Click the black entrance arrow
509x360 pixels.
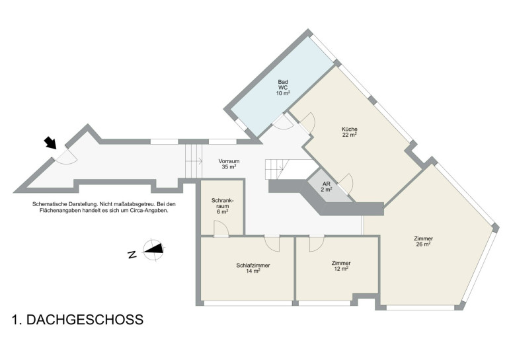coord(50,143)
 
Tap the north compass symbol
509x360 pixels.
coord(153,250)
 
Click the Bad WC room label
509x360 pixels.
coord(283,88)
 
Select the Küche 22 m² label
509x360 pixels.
coord(350,132)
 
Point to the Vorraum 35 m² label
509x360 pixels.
coord(229,164)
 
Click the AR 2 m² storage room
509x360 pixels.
coord(327,186)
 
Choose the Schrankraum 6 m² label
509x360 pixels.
coord(222,206)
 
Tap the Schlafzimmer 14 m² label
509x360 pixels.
coord(253,268)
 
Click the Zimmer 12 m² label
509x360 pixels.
coord(341,266)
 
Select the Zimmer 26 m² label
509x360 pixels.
coord(423,242)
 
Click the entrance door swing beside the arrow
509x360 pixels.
coord(65,157)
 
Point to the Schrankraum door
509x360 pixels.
coord(221,228)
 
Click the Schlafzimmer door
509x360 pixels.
coord(272,243)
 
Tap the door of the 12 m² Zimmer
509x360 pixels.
coord(317,244)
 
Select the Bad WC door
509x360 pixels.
coord(283,122)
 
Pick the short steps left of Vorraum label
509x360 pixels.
coord(194,161)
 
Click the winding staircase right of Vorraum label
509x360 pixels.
coord(276,169)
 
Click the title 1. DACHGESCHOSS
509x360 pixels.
coord(77,320)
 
